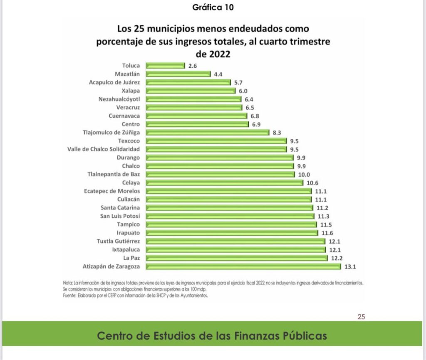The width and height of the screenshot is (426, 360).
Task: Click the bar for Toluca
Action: pos(165,66)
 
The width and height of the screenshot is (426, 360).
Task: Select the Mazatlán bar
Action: pos(178,74)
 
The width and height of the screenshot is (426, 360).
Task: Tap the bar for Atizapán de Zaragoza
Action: pos(243,266)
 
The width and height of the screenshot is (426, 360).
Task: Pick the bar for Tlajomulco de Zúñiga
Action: pos(207,133)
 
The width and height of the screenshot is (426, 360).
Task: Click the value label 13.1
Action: pos(350,267)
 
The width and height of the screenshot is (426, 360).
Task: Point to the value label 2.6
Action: pos(193,66)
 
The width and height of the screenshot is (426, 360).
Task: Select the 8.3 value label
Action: pos(277,133)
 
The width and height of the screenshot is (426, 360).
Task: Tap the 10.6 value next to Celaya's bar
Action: pos(312,183)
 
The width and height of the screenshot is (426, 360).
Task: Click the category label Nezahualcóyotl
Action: pos(119,99)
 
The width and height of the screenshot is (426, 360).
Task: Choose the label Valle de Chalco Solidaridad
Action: pos(104,149)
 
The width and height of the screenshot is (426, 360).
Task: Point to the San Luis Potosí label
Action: pos(120,216)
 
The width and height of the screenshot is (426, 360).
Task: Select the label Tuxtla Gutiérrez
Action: pos(119,241)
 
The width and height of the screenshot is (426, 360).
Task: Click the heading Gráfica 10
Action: pos(213,7)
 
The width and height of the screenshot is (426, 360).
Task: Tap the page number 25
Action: pos(362,317)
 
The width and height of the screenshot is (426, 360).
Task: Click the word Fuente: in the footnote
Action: pos(69,296)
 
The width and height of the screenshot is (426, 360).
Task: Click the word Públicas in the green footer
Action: pos(305,336)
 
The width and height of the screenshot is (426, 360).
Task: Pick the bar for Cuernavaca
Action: pos(196,116)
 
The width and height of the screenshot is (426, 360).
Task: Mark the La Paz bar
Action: pos(237,258)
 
